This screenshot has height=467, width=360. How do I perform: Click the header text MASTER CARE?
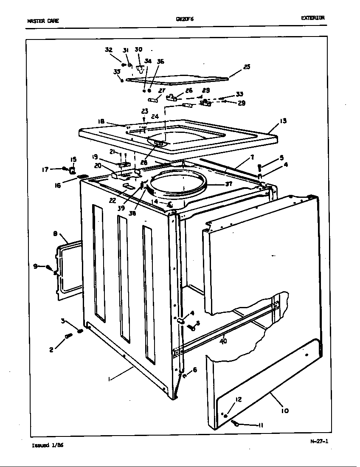(43, 21)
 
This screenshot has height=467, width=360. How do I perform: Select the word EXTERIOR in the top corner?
(313, 18)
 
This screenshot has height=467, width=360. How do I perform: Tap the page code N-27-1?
(319, 441)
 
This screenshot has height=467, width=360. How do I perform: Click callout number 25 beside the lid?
(247, 67)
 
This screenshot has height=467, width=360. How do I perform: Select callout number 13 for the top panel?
(283, 121)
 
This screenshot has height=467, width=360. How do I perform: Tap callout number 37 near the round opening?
(229, 184)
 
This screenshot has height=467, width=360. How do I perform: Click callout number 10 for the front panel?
(284, 411)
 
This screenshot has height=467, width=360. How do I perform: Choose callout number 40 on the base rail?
(223, 340)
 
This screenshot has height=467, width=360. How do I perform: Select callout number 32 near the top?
(109, 50)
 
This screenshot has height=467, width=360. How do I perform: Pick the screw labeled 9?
(49, 268)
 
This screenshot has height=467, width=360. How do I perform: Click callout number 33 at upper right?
(239, 94)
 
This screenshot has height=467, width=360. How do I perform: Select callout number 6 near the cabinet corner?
(194, 370)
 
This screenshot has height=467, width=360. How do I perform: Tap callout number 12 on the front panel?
(238, 399)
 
